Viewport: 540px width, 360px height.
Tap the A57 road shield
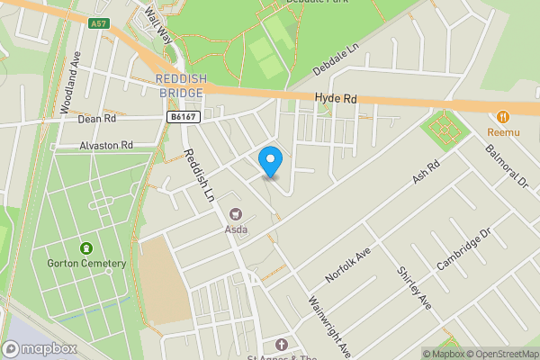tap(100, 25)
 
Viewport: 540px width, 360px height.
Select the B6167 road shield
tap(183, 115)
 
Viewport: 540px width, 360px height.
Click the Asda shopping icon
tap(237, 213)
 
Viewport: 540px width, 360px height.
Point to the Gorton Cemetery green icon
tap(85, 247)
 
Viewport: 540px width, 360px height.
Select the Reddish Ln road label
tap(201, 175)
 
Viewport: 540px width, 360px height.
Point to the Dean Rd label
tap(97, 118)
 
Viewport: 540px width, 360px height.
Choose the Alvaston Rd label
tap(105, 145)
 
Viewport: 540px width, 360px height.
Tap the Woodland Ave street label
tap(71, 82)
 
